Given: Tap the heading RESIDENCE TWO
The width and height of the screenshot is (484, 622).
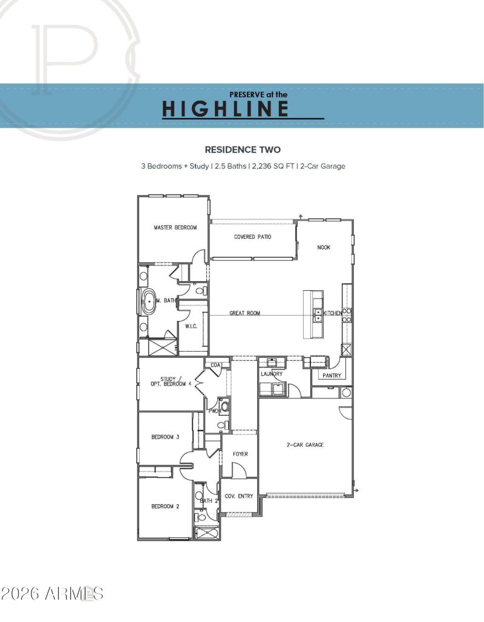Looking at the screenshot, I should click(243, 149).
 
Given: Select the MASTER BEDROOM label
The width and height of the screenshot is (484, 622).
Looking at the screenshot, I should click(175, 227).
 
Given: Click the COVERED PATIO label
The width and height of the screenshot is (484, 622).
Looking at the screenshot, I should click(252, 237).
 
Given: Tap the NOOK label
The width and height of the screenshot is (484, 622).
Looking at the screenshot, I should click(324, 247).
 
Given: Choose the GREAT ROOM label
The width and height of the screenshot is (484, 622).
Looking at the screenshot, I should click(245, 313).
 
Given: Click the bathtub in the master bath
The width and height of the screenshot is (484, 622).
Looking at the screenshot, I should click(148, 300).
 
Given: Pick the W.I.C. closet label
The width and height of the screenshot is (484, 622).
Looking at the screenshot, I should click(191, 326).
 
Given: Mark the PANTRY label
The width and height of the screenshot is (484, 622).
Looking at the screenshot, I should click(332, 375).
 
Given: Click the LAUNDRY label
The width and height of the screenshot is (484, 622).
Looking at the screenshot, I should click(272, 374).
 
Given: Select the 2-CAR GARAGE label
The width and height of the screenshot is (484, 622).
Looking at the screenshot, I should click(305, 445).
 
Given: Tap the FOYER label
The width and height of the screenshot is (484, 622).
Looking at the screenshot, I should click(240, 454).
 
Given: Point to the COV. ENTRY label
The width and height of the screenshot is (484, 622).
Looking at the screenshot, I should click(238, 496).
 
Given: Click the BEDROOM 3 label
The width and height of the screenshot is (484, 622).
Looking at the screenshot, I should click(165, 437).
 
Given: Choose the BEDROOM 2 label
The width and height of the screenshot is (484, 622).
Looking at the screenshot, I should click(165, 507).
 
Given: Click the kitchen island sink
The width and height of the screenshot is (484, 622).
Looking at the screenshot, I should click(316, 314).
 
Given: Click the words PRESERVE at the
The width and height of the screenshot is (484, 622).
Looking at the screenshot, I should click(258, 94).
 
